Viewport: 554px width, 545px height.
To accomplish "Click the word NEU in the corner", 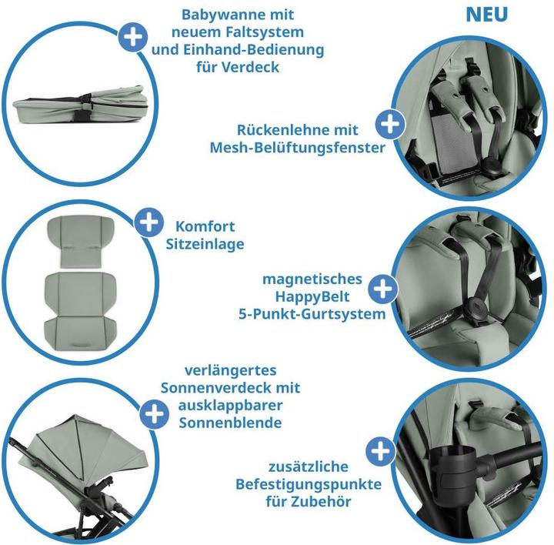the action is pos(486,14).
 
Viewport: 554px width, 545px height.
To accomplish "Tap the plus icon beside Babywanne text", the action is pos(133,37).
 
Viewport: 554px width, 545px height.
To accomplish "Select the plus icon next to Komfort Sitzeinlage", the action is pos(149,222).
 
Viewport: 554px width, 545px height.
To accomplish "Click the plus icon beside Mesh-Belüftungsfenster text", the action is pos(390,124).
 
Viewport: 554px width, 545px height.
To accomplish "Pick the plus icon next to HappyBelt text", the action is pos(383,289).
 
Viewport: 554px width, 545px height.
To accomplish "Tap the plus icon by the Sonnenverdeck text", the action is pos(154,414).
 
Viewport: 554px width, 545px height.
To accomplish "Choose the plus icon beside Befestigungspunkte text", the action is pos(381,451).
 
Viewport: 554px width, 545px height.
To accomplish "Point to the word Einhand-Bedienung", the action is pos(253,49).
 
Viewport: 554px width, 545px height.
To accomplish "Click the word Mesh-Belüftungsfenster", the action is pos(298,148).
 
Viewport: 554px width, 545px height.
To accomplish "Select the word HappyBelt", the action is pos(312,296).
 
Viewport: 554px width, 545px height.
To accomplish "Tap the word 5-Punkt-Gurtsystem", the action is pos(312,314).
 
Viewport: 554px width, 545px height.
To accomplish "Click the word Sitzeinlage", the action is pos(205,244).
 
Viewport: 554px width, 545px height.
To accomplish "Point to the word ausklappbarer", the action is pos(230,405).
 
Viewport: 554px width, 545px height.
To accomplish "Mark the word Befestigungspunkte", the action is pos(309,484).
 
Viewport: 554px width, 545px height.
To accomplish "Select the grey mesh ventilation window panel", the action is pos(454,142).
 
